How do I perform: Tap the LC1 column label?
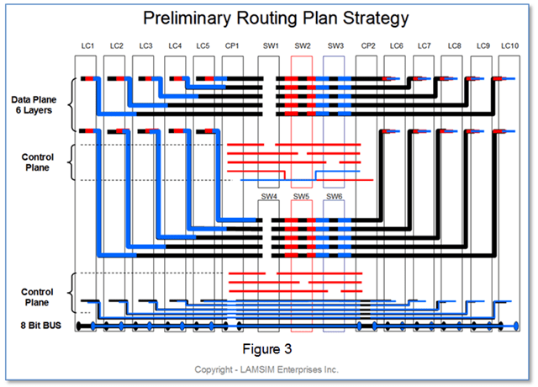(x=87, y=45)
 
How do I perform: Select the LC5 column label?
(x=202, y=45)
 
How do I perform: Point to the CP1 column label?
(x=232, y=45)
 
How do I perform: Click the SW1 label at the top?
(x=270, y=45)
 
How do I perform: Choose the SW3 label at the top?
(x=335, y=45)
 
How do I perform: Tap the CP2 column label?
(x=367, y=45)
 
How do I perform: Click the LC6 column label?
(x=396, y=45)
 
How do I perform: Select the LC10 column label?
(x=509, y=45)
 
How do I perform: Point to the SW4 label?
(x=269, y=197)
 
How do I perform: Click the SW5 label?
(x=302, y=197)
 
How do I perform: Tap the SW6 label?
(x=334, y=197)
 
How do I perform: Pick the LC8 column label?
(x=454, y=45)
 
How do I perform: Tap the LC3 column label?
(x=145, y=45)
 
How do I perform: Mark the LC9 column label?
(x=483, y=45)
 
